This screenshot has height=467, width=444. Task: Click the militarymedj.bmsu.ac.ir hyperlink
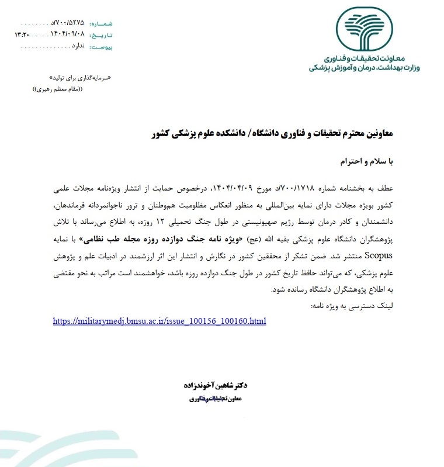tap(159, 321)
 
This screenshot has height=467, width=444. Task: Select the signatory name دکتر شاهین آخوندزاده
tap(216, 385)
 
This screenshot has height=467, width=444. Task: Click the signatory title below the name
tap(216, 399)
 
